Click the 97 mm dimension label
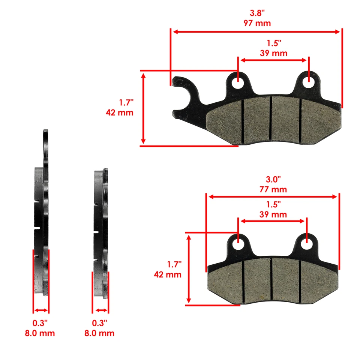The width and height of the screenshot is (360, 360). [257, 23]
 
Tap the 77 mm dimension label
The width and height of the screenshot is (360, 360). [273, 189]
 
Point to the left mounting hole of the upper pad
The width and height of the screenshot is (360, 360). [238, 83]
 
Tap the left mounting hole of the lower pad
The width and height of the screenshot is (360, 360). [238, 244]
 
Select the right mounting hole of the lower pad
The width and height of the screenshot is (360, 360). [307, 244]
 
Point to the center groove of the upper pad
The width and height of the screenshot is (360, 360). [270, 119]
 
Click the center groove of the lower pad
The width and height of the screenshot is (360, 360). [271, 280]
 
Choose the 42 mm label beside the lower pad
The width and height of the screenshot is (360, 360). [168, 274]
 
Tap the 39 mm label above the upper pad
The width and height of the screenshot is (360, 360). [273, 53]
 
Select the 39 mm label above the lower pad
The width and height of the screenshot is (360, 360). [273, 214]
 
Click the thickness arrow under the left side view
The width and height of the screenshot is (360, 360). [41, 310]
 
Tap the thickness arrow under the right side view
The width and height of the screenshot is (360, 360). [100, 310]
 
